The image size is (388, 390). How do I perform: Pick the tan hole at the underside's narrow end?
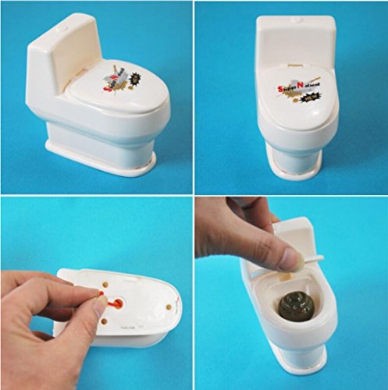coord(163,301)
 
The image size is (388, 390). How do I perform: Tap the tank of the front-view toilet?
coord(296,39)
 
